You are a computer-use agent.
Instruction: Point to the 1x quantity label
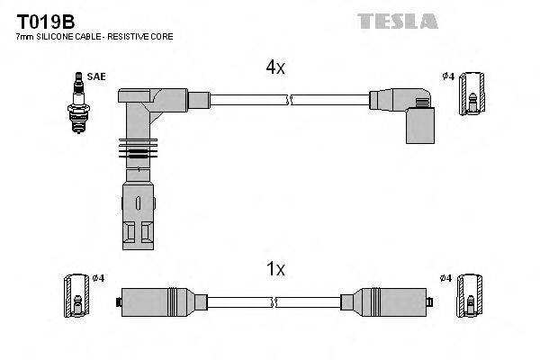(276, 268)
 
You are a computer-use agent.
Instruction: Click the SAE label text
(97, 76)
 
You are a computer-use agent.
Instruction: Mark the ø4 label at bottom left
(99, 277)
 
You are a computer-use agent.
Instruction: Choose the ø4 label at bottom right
(447, 277)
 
